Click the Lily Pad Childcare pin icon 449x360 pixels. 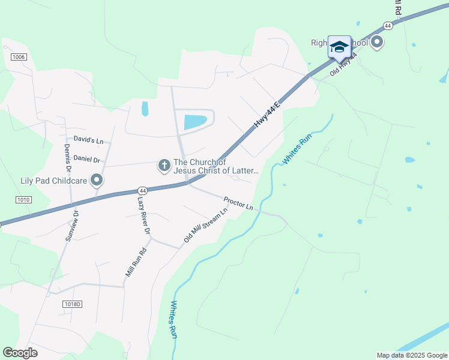pos(96,179)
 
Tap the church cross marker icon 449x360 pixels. pos(163,165)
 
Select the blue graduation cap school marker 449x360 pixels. pos(339,47)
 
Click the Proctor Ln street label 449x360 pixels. pos(238,203)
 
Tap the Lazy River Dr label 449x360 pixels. pos(143,214)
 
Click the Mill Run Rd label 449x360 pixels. pos(136,262)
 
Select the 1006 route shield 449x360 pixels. pos(18,56)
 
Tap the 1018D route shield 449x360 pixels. pos(71,304)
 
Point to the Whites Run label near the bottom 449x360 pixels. pos(174,319)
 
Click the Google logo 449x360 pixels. pos(20,353)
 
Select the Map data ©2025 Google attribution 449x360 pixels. pos(412,355)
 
